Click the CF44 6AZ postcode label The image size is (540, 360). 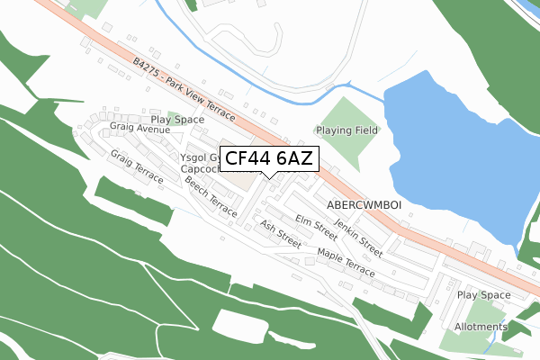[x=268, y=158]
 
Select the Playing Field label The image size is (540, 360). [x=346, y=130]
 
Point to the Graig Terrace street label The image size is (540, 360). [x=137, y=166]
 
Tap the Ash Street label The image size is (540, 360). [x=280, y=233]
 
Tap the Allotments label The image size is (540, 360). [x=481, y=327]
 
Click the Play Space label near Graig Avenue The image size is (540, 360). [x=177, y=119]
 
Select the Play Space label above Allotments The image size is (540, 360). [x=483, y=295]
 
